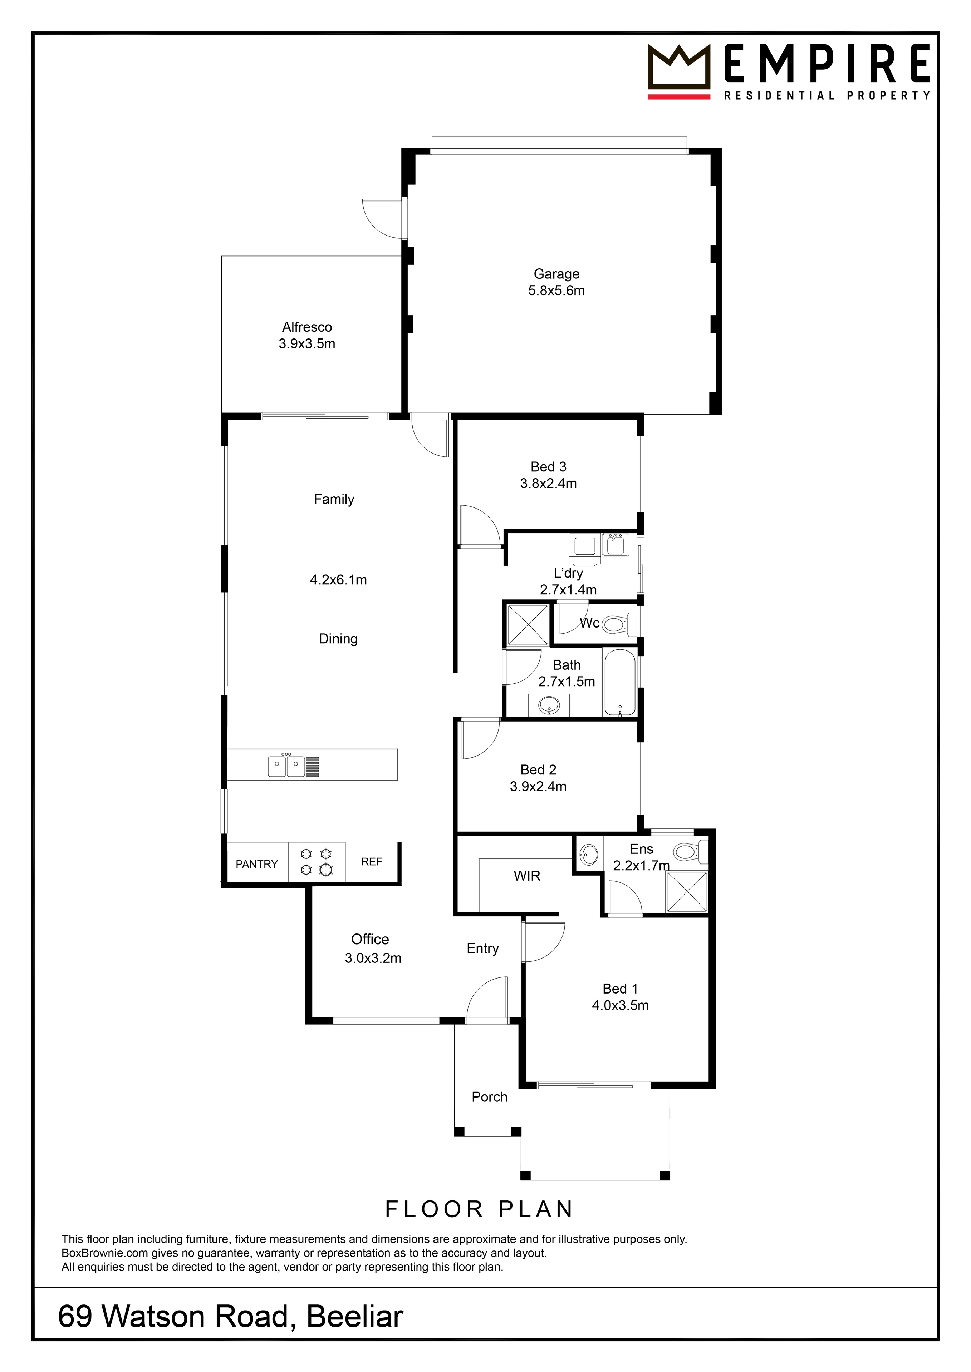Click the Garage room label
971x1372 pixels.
pyautogui.click(x=556, y=274)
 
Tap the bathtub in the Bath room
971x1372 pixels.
pyautogui.click(x=619, y=682)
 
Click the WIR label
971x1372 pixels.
pyautogui.click(x=527, y=876)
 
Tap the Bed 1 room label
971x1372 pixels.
pyautogui.click(x=620, y=989)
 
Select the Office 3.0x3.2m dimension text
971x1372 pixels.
pyautogui.click(x=373, y=959)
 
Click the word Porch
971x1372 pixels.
pyautogui.click(x=489, y=1097)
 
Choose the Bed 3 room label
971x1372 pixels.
pyautogui.click(x=548, y=467)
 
